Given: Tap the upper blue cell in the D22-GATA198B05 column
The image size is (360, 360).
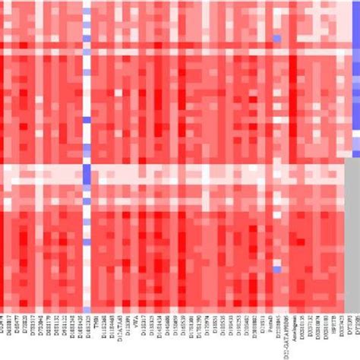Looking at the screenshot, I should click(x=277, y=39).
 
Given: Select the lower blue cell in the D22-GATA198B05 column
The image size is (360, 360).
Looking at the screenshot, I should click(x=277, y=269).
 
